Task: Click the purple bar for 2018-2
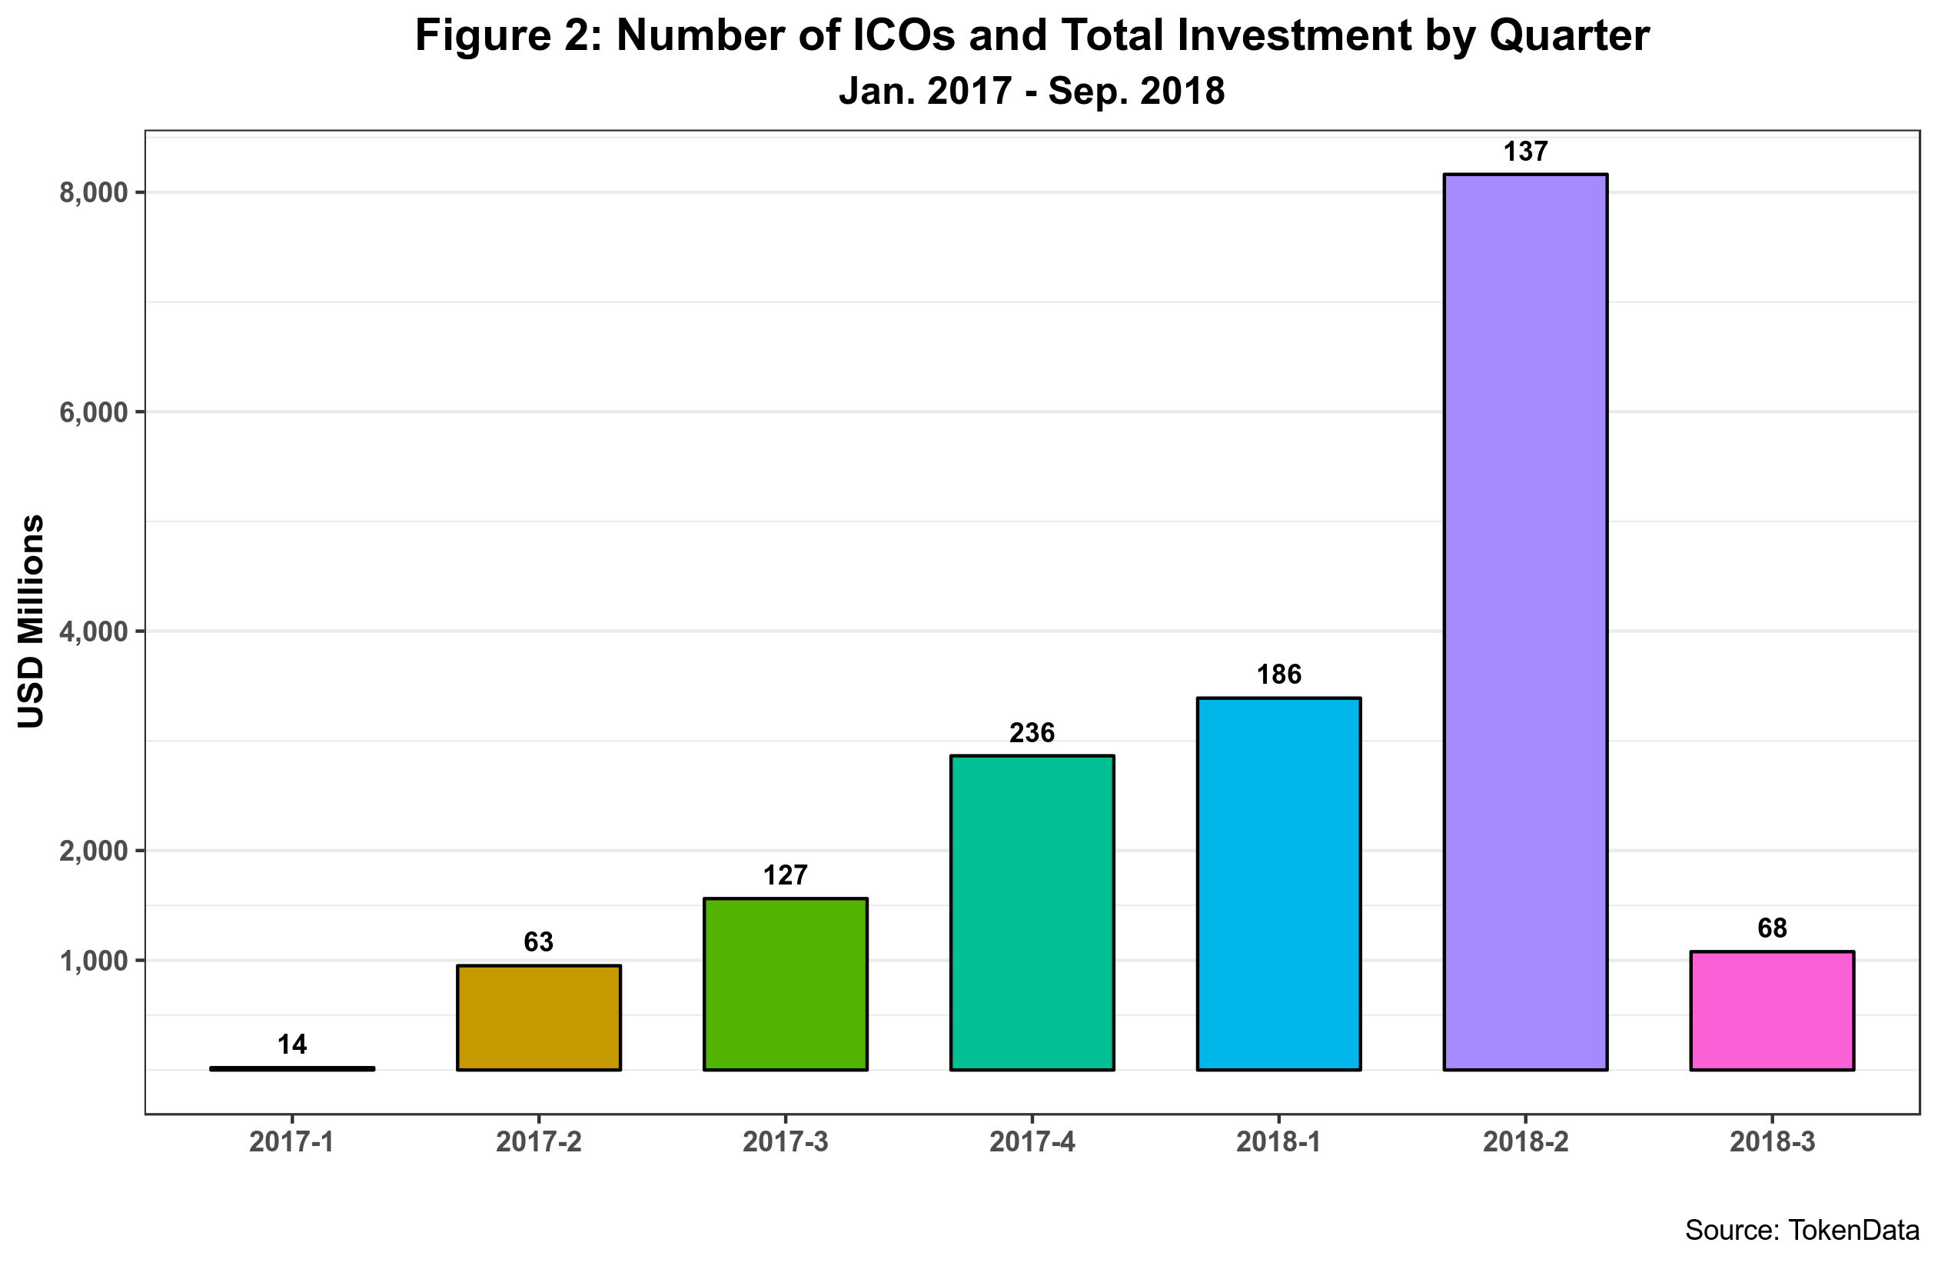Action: [1525, 621]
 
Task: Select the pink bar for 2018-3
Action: [1772, 1010]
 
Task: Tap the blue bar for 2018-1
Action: [1278, 884]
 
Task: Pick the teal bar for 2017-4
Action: [1032, 912]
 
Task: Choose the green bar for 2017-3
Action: [785, 984]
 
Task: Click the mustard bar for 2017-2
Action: [538, 1018]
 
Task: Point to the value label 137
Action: [1525, 152]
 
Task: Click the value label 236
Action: [1032, 733]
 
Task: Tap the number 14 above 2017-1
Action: [292, 1044]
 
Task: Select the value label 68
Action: [1772, 928]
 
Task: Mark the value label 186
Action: [1278, 675]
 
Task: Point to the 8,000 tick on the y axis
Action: [95, 192]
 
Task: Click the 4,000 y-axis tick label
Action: [95, 631]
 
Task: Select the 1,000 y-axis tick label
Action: [95, 961]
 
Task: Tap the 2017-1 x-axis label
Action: [291, 1142]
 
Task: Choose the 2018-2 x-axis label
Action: [1525, 1142]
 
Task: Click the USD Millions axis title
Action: [31, 621]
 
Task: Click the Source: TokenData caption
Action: [1802, 1230]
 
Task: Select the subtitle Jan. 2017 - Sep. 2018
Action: [1032, 91]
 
